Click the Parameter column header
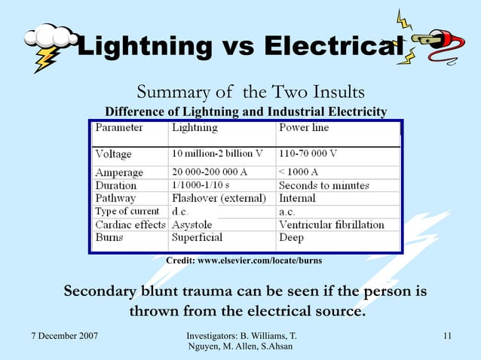(119, 128)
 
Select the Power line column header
(304, 128)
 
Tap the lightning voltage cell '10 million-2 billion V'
(217, 153)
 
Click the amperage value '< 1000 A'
(299, 172)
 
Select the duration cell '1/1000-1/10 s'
(201, 185)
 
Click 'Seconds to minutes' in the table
(324, 185)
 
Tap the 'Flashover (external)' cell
(219, 198)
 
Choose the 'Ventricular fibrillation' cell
(332, 224)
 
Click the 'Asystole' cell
(191, 224)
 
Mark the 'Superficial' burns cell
(198, 237)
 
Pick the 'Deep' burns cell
(293, 237)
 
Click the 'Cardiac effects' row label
(130, 224)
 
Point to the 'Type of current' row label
(127, 212)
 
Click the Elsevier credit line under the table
(244, 261)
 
